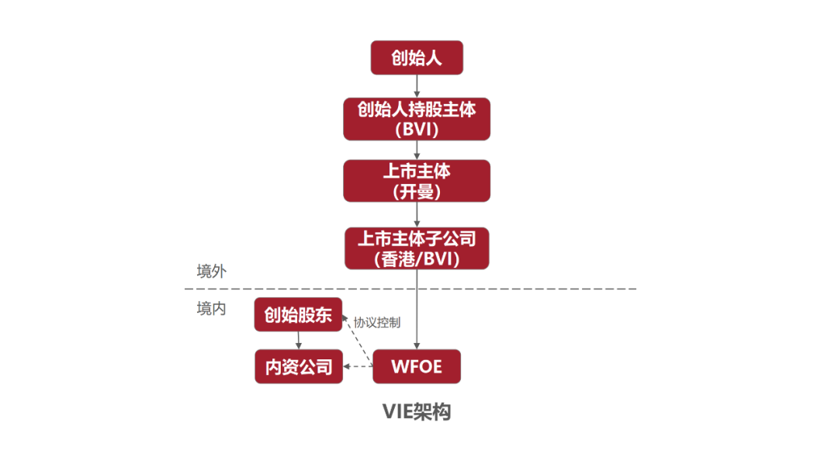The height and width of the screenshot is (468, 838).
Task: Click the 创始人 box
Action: tap(417, 57)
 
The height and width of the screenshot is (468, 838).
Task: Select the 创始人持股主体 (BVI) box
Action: tap(417, 119)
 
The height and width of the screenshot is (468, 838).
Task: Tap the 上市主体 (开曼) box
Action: tap(417, 180)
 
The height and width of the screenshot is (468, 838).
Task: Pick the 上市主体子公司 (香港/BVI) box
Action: tap(417, 248)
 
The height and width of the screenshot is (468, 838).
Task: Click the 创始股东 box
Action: tap(298, 314)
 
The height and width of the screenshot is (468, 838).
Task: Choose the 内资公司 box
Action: tap(298, 366)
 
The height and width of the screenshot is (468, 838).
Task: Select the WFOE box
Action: tap(417, 366)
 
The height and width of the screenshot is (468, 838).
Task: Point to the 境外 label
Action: tap(211, 271)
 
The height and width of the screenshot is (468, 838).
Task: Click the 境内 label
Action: tap(211, 308)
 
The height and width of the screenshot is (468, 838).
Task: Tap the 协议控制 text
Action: tap(377, 322)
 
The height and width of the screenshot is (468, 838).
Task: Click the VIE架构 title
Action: tap(417, 411)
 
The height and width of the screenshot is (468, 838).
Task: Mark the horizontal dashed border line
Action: tap(543, 289)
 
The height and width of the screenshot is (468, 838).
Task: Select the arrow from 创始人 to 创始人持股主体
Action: tap(417, 85)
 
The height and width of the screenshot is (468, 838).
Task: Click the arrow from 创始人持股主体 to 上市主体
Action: tap(417, 150)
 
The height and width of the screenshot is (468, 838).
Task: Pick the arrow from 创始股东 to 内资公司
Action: tap(298, 340)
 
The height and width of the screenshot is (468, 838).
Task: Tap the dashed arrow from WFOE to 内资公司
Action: tap(358, 366)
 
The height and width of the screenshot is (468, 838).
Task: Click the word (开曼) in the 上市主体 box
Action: tap(417, 191)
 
